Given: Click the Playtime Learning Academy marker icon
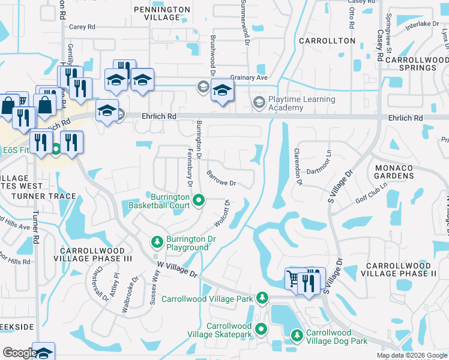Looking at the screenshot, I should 259,103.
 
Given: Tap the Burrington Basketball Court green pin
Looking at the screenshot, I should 196,200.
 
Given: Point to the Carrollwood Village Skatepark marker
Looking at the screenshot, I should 261,329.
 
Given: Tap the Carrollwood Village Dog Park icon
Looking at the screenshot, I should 297,336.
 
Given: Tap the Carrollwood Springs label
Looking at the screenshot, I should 417,64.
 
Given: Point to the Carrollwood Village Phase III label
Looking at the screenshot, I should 92,254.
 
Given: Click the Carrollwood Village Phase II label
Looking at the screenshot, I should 400,269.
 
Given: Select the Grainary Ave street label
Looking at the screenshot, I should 249,77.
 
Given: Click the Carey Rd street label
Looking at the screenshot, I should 82,27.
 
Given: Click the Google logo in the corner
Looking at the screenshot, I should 20,353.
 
